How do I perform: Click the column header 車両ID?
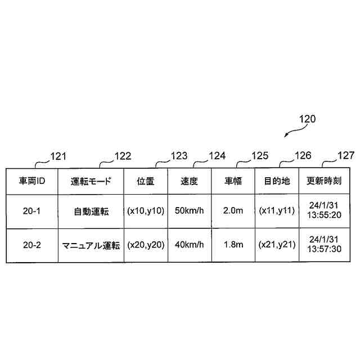32,181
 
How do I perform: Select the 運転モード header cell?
91,181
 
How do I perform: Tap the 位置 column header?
145,181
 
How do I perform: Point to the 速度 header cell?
189,181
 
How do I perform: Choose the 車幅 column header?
233,181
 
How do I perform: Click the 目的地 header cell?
277,181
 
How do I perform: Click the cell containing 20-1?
32,211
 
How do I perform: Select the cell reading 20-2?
32,245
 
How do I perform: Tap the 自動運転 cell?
91,211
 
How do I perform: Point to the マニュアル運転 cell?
91,245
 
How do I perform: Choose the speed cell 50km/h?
189,211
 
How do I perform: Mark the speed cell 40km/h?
189,245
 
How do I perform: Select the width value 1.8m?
233,245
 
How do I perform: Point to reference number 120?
307,119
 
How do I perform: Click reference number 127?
345,156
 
